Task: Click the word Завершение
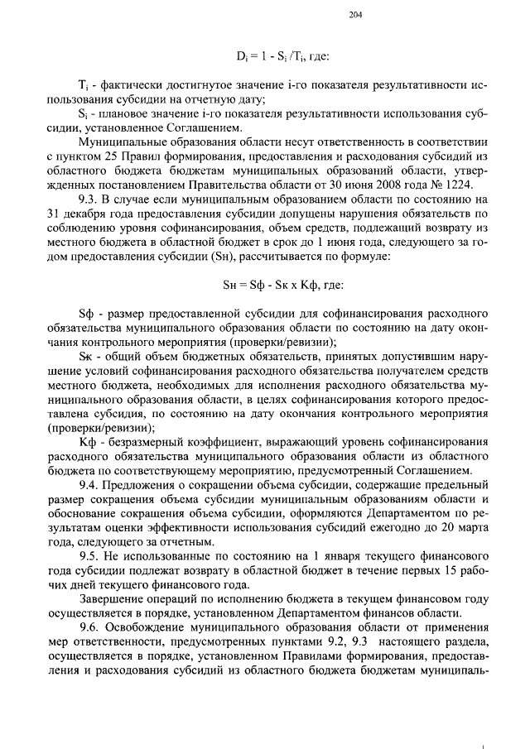coord(113,598)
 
